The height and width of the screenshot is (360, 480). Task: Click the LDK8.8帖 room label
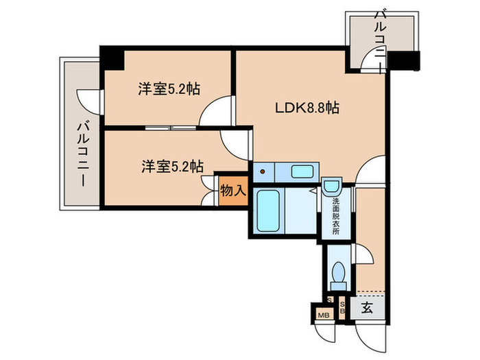(x=308, y=107)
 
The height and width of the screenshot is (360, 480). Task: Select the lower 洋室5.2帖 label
(x=172, y=165)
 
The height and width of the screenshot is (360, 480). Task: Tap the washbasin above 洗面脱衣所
(x=332, y=186)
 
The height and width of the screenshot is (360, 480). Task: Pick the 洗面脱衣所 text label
(x=336, y=215)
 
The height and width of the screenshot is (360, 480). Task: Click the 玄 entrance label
(x=367, y=308)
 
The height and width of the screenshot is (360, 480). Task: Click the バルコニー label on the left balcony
(x=82, y=155)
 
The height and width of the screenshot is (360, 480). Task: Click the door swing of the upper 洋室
(x=214, y=112)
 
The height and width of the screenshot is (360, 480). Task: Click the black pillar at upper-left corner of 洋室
(x=112, y=58)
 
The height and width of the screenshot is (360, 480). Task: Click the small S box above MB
(x=330, y=300)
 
